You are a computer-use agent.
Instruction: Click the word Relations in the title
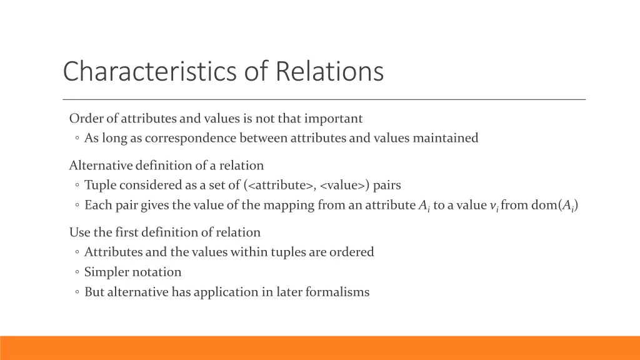click(329, 71)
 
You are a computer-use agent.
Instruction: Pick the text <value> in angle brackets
click(344, 186)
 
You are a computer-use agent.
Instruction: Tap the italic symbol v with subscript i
click(494, 206)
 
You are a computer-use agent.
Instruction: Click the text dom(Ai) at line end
click(554, 205)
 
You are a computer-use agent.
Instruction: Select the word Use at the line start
click(79, 232)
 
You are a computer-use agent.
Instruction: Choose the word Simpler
click(107, 272)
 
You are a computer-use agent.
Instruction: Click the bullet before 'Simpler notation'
click(76, 272)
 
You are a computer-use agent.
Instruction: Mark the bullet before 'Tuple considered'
click(76, 186)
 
